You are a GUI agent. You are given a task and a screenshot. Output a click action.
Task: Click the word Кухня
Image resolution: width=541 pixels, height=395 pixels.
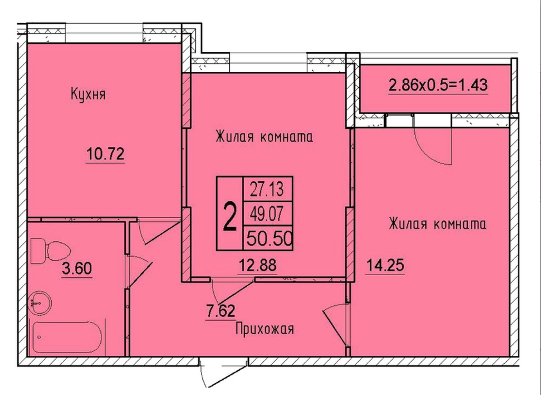click(x=88, y=94)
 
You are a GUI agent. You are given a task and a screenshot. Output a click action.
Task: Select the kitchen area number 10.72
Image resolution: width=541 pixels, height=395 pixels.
click(x=105, y=154)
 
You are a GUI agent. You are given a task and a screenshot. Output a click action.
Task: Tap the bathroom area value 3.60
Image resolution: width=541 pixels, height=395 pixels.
click(x=77, y=269)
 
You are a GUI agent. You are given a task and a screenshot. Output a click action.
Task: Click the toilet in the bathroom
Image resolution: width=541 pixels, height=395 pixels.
click(x=50, y=251)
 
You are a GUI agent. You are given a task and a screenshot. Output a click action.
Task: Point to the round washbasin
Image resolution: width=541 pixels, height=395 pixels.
click(x=40, y=303)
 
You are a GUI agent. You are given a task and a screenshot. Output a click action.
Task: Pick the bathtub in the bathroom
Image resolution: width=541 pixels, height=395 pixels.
click(x=67, y=337)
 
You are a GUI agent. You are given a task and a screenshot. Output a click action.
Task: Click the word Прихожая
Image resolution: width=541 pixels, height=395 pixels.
click(x=265, y=329)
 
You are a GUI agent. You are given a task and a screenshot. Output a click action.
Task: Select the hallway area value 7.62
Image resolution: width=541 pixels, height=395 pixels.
click(x=221, y=312)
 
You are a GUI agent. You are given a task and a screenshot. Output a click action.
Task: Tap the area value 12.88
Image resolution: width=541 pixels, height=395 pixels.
click(x=258, y=266)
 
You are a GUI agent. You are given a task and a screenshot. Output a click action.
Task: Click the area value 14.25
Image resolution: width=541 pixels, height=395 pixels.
click(x=385, y=266)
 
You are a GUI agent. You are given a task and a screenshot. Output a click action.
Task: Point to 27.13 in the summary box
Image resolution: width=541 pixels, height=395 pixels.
click(x=267, y=190)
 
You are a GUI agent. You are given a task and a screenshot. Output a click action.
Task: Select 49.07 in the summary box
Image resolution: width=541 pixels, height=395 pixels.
click(x=267, y=214)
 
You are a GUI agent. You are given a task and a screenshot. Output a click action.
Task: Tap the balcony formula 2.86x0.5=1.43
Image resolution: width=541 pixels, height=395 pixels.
click(x=438, y=85)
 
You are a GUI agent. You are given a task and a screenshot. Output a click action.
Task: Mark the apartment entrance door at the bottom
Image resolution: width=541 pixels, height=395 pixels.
click(x=224, y=373)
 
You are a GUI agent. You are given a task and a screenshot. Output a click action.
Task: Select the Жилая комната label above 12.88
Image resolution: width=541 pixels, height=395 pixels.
click(x=264, y=137)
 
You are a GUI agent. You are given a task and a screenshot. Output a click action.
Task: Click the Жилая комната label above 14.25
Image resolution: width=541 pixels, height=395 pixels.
click(x=437, y=224)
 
